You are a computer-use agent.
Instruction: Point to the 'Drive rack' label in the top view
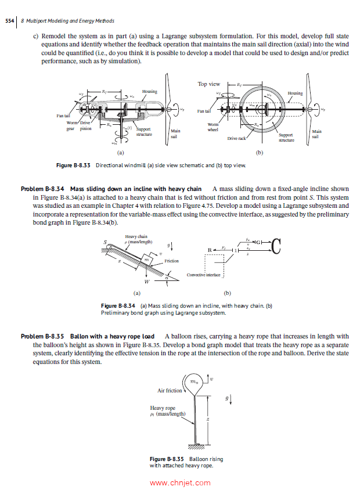pyautogui.click(x=236, y=139)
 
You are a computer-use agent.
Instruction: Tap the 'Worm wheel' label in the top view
pyautogui.click(x=213, y=127)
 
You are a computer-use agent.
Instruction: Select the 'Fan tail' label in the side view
pyautogui.click(x=63, y=116)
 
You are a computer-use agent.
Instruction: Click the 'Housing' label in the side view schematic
pyautogui.click(x=150, y=91)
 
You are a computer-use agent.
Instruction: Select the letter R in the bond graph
pyautogui.click(x=208, y=250)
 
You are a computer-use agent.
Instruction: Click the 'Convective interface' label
pyautogui.click(x=204, y=275)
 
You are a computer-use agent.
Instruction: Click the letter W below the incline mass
pyautogui.click(x=146, y=282)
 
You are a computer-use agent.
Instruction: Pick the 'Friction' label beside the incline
pyautogui.click(x=171, y=261)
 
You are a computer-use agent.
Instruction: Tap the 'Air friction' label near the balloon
pyautogui.click(x=170, y=391)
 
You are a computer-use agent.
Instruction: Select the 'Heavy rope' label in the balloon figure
pyautogui.click(x=162, y=408)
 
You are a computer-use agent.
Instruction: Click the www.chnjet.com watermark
pyautogui.click(x=179, y=482)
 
